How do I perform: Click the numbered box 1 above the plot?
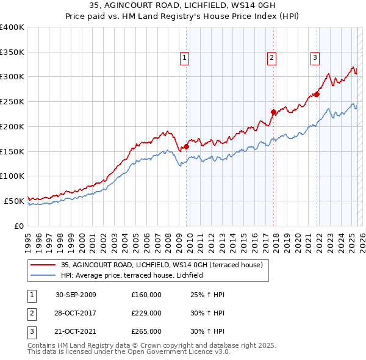click(184, 58)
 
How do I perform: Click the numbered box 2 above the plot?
click(271, 58)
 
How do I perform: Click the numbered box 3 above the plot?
click(315, 58)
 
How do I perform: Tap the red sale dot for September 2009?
click(186, 146)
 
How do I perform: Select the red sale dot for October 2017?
click(273, 112)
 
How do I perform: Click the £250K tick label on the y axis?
click(12, 102)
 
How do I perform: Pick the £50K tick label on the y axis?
click(14, 201)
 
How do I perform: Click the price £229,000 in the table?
click(146, 313)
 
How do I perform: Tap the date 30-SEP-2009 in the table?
click(76, 295)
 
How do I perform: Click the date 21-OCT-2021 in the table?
click(76, 331)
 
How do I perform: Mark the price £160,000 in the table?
click(146, 295)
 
